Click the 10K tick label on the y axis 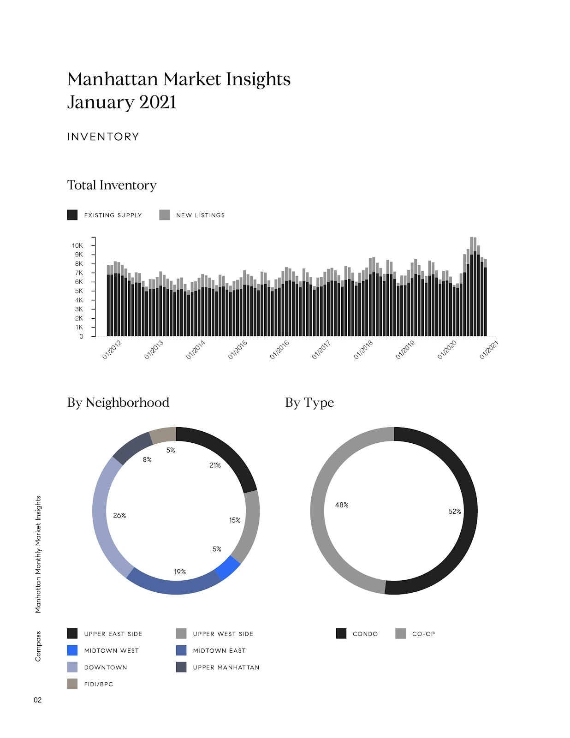click(x=77, y=245)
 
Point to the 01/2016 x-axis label click(x=279, y=350)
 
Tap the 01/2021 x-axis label click(x=489, y=350)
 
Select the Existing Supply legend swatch click(x=72, y=215)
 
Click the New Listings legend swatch click(x=164, y=215)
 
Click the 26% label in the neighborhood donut click(x=119, y=515)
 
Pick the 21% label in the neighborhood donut click(x=215, y=465)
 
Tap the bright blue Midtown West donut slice click(x=228, y=567)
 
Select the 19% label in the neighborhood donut click(x=180, y=571)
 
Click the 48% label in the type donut click(x=342, y=505)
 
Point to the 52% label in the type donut click(x=455, y=511)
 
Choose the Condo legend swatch click(x=341, y=633)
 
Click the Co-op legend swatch click(x=401, y=633)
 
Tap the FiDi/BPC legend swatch click(x=72, y=684)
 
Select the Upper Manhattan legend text click(x=226, y=667)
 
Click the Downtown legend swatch click(x=72, y=667)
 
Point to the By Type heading click(x=309, y=403)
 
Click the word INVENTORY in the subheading click(x=103, y=137)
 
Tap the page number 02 click(x=38, y=700)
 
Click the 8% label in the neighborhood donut click(x=147, y=459)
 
